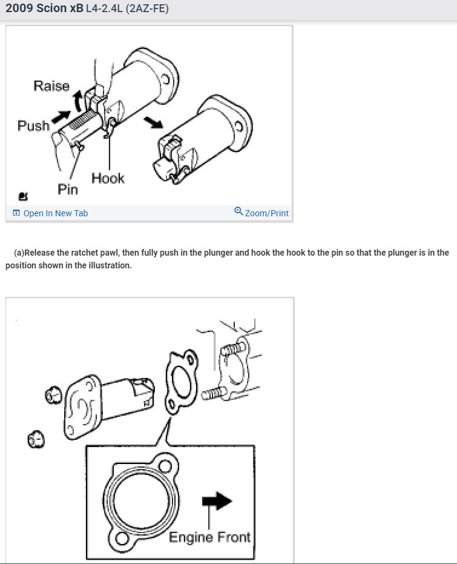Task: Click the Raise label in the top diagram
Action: [51, 86]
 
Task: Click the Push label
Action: [33, 126]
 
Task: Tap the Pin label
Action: [68, 190]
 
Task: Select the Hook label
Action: [108, 178]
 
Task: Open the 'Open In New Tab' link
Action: [55, 213]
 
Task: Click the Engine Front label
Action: [209, 537]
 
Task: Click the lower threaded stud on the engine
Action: [213, 394]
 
